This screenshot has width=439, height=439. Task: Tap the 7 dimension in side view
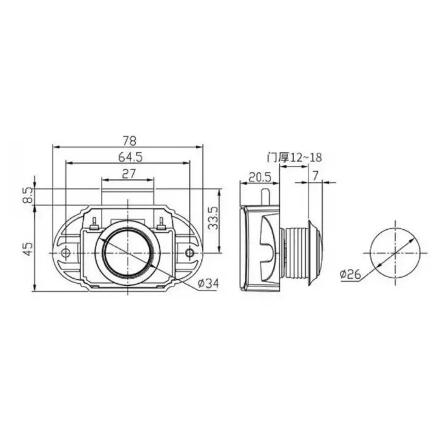[x=314, y=176]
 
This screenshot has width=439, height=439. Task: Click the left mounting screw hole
[x=65, y=252]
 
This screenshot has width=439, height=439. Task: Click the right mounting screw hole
[x=189, y=252]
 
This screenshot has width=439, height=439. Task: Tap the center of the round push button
[x=127, y=252]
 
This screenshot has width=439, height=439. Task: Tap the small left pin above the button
[x=94, y=223]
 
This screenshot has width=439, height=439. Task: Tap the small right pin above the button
[x=161, y=223]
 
